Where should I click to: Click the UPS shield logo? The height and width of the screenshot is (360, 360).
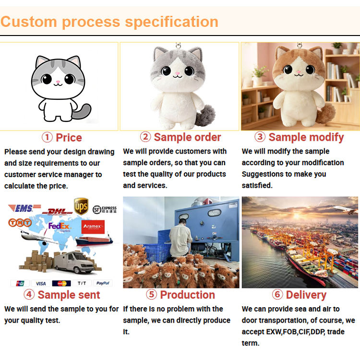(x=81, y=206)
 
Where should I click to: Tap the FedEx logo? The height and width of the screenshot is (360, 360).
(x=59, y=227)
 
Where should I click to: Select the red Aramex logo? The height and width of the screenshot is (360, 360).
(x=93, y=227)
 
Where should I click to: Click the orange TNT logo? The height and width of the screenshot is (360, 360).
(x=20, y=222)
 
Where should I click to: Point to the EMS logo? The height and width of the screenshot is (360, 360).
(x=24, y=208)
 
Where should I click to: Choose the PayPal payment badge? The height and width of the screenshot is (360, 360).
(x=103, y=283)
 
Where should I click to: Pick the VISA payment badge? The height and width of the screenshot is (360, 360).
(x=41, y=283)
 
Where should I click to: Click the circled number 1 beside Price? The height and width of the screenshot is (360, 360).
(x=47, y=137)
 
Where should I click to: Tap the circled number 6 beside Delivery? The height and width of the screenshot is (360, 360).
(x=277, y=294)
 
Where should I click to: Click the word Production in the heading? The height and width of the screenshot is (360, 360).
(x=187, y=295)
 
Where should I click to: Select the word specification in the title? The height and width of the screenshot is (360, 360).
(x=171, y=22)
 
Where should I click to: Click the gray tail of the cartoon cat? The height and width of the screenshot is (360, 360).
(x=82, y=111)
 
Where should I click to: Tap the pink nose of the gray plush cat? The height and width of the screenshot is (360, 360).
(x=177, y=73)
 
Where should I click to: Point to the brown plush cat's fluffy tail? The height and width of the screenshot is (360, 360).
(x=325, y=113)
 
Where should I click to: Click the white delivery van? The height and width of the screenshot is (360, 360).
(x=73, y=262)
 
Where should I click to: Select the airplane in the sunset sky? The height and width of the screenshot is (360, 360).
(x=345, y=210)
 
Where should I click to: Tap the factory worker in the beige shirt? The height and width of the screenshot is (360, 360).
(x=180, y=238)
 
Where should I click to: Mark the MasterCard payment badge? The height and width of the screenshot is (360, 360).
(x=61, y=283)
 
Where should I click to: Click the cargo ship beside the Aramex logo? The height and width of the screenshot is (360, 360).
(x=94, y=240)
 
